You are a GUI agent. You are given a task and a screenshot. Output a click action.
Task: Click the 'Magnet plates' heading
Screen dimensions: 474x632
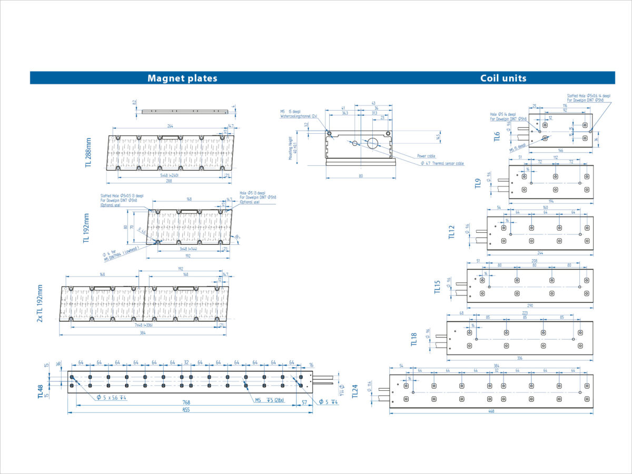tap(182, 78)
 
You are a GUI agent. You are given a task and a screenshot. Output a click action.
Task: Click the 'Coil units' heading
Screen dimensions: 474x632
tap(503, 78)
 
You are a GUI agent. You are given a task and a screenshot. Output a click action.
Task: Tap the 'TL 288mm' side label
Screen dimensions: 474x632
tap(88, 152)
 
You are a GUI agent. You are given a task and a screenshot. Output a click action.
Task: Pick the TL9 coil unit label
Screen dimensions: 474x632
tap(478, 184)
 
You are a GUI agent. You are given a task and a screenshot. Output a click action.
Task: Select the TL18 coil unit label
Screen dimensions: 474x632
tap(414, 339)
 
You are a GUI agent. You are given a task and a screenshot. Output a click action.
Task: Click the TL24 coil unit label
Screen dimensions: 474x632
tap(355, 391)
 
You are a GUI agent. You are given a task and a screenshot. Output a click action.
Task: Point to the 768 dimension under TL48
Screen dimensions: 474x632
tap(186, 402)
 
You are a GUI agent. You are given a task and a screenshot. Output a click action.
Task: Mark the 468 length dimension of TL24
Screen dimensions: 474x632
tap(491, 411)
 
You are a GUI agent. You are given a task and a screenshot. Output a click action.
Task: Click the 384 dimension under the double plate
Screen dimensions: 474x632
tap(143, 332)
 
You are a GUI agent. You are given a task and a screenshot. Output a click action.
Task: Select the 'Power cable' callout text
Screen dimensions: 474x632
tap(426, 156)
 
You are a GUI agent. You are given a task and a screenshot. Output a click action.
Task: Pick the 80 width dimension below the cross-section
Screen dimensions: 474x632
tap(361, 176)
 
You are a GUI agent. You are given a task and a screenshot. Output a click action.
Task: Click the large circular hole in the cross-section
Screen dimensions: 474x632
tap(373, 142)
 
